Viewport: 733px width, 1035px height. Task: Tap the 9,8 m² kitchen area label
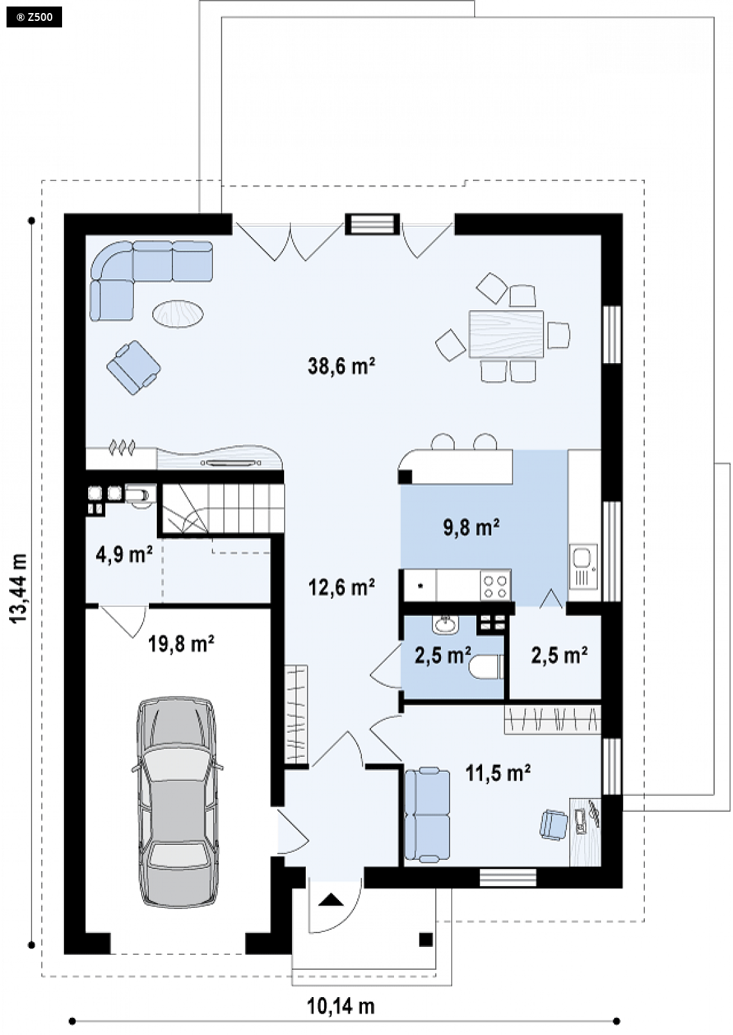click(x=471, y=527)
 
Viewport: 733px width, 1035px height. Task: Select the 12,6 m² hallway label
click(x=341, y=587)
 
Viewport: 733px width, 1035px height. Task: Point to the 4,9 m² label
click(x=124, y=554)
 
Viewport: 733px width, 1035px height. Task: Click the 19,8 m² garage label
click(x=181, y=643)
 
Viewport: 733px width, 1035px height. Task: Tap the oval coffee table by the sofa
click(x=178, y=313)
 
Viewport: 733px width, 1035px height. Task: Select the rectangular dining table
click(x=506, y=334)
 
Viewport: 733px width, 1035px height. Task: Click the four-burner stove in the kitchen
click(x=495, y=586)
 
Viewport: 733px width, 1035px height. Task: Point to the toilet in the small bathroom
click(x=485, y=667)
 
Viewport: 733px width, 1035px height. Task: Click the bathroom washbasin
click(x=446, y=625)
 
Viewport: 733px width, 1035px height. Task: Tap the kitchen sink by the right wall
click(x=583, y=567)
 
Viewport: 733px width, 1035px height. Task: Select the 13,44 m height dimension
click(x=20, y=588)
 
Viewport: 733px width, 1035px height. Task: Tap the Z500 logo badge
click(x=34, y=18)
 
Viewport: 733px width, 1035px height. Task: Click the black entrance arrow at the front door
click(x=331, y=900)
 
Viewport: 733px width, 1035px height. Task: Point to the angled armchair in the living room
click(x=133, y=368)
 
